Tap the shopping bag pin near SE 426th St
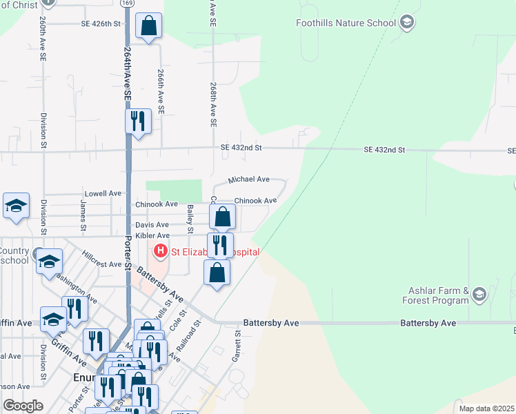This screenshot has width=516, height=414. tap(148, 27)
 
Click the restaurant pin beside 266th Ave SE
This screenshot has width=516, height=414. tap(138, 121)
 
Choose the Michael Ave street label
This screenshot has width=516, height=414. tap(248, 179)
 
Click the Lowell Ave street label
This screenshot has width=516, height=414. tap(103, 194)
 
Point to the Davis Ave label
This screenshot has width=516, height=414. tap(152, 225)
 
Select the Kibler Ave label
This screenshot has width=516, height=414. tap(152, 236)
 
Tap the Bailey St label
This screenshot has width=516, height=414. tap(190, 219)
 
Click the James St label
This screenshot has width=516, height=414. tap(83, 215)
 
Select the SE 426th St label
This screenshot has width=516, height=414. tap(101, 23)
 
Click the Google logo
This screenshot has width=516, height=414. tap(23, 406)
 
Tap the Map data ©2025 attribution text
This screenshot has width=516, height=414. tap(486, 408)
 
